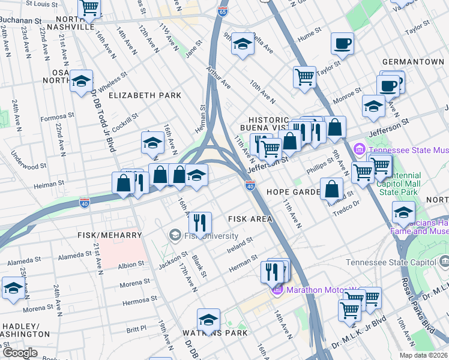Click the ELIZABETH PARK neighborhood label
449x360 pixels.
(x=145, y=95)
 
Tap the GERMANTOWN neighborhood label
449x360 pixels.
(x=413, y=62)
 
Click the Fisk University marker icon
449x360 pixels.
(x=175, y=235)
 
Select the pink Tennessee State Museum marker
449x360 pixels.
(x=360, y=149)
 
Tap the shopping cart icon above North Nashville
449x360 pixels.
(x=89, y=7)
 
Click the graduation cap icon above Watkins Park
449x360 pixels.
(x=208, y=319)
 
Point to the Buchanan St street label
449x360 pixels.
(x=20, y=20)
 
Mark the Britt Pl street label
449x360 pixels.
(x=136, y=328)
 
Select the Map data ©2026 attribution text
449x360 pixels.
(x=423, y=355)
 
